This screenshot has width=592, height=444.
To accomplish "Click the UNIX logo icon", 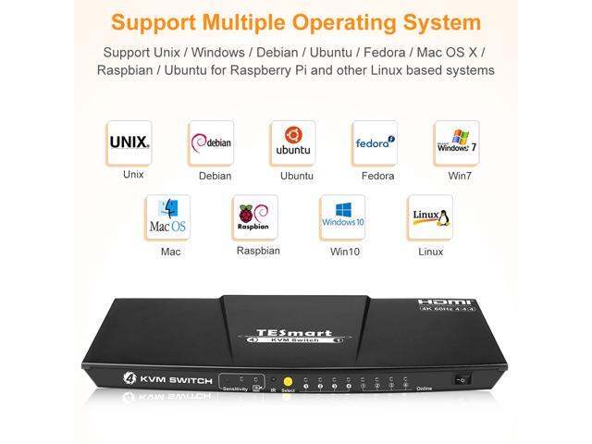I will (x=129, y=143).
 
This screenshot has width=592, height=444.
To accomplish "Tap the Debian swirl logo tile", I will (x=212, y=143).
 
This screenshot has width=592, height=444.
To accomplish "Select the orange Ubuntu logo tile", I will (x=293, y=143).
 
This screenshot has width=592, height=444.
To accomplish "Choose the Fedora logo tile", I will (x=375, y=143).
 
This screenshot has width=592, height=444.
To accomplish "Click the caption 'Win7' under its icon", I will (x=456, y=175).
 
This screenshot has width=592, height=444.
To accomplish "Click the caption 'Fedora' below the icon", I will (x=375, y=176).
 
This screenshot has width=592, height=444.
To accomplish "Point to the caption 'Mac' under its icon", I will (x=169, y=251).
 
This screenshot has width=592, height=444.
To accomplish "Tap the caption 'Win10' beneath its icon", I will (x=342, y=251).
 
